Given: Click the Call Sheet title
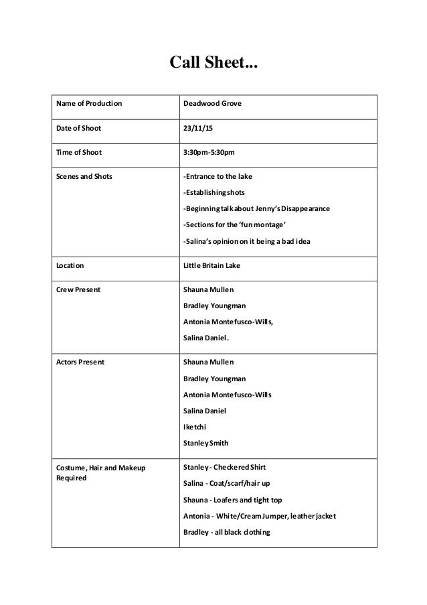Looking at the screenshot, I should pos(213,64).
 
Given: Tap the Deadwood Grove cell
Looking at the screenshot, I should pos(213,105).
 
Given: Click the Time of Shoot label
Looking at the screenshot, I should pos(77,153).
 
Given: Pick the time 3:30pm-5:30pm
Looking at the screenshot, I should pos(209,153).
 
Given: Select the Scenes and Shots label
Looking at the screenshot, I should pos(84,177).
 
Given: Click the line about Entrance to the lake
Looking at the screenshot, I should pos(219,177).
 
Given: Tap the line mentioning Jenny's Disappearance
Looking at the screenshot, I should pos(256,209).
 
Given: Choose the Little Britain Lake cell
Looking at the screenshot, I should pos(211,265).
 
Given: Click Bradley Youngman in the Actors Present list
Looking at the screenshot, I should pos(214,379).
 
